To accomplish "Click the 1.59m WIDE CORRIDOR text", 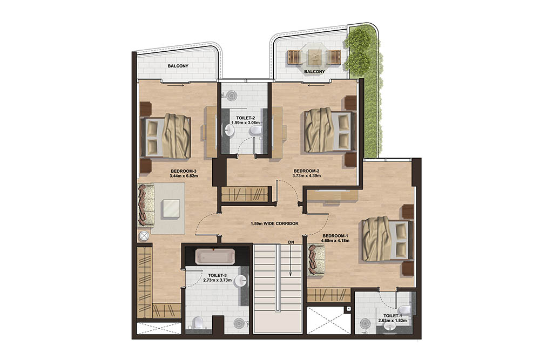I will (x=275, y=223).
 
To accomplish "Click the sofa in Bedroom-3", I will (x=144, y=205).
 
